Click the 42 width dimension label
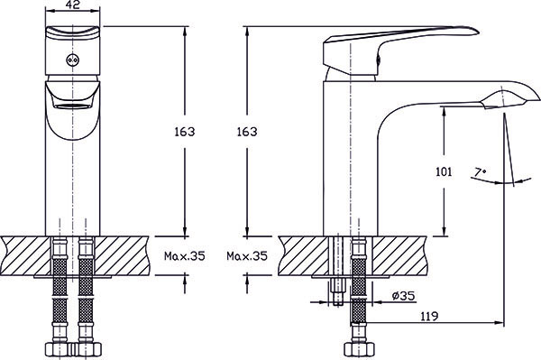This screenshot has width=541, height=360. point(72,5)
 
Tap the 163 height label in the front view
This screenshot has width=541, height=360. point(185,132)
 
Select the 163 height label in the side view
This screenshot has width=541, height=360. point(247,132)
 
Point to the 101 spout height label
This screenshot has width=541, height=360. point(444,171)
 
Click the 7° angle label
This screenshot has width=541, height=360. point(480,171)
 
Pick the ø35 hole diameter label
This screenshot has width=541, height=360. point(404,296)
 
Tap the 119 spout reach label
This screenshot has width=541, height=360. point(429,316)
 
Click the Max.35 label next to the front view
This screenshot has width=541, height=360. point(185,256)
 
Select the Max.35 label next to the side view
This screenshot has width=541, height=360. point(247,256)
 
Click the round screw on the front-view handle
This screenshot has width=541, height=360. point(73,60)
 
